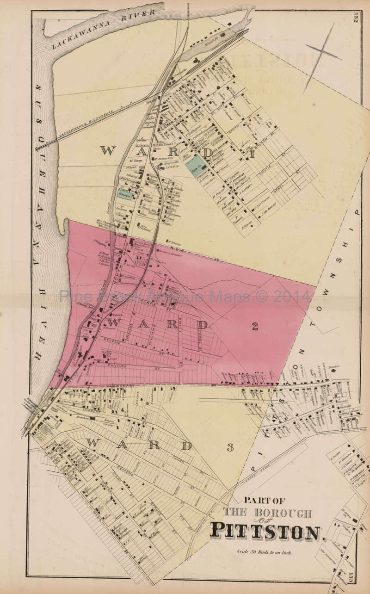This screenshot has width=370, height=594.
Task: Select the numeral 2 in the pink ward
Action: point(255,326)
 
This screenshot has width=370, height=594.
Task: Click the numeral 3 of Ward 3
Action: point(230,447)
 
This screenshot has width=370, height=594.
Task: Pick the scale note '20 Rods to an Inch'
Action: point(264,552)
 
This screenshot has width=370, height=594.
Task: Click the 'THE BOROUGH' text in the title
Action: point(268,513)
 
